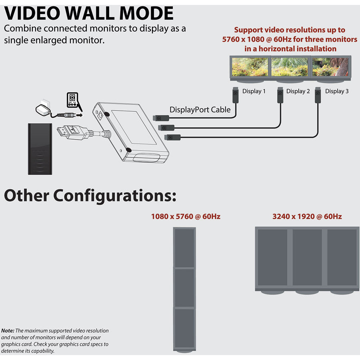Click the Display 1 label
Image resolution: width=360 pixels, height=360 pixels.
coord(254,91)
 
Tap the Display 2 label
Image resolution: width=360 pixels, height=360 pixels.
coord(298,91)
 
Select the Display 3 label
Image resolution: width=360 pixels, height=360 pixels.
coord(337,91)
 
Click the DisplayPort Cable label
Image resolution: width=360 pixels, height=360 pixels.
coord(200,110)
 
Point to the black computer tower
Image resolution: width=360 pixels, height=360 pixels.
coord(40,148)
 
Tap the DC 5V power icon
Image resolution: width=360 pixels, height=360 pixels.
coord(72,102)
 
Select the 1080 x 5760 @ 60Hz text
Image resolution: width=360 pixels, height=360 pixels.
coord(186,217)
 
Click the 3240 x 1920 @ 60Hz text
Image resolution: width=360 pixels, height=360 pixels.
coord(307,217)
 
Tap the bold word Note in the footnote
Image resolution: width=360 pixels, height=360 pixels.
coord(7,331)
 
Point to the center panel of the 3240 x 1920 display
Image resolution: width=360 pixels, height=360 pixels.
coord(307,257)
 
